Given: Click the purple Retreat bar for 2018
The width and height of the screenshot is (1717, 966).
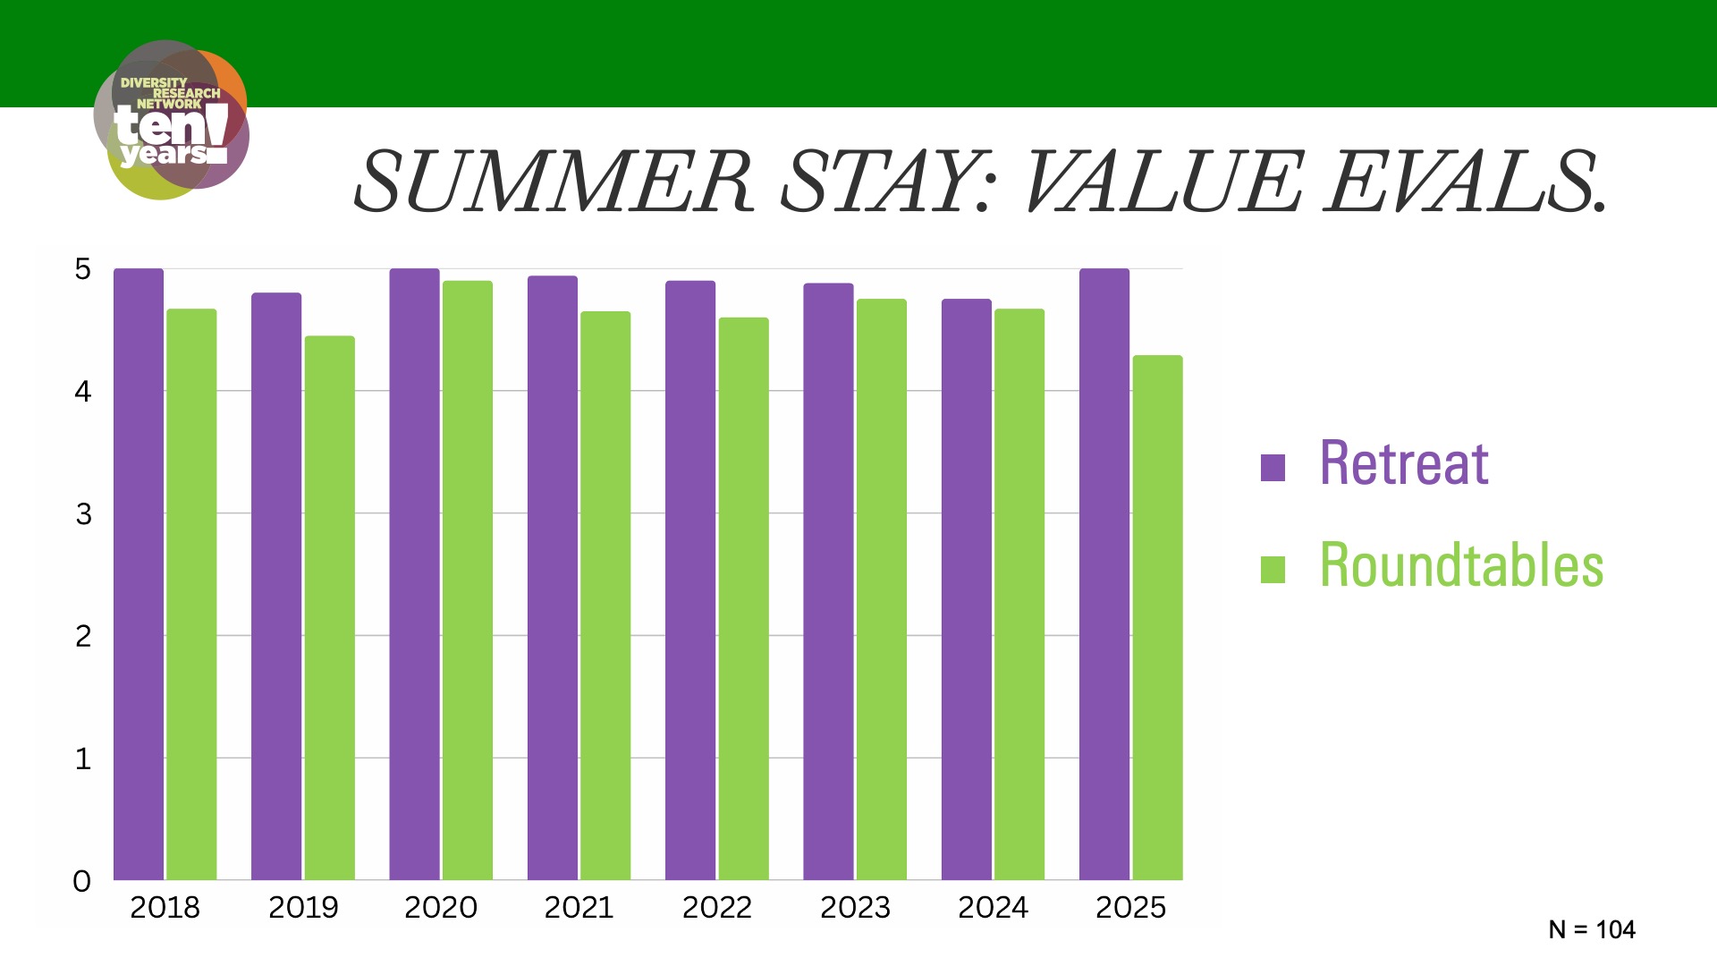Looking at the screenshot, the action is pos(139,574).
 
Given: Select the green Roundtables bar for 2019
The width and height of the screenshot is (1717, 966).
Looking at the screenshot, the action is pos(330,608).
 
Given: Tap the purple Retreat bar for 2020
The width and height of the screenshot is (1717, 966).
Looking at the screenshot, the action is pos(414,574).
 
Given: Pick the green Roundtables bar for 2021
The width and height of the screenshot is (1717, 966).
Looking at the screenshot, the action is pos(605,596).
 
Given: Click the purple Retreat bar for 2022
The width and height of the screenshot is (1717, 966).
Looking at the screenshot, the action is pos(690,580).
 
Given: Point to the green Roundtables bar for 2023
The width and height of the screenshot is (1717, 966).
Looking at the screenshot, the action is pos(882,589).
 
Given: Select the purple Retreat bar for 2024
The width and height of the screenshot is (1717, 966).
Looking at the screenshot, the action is pos(967,589).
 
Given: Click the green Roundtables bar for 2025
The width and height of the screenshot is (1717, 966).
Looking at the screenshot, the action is pos(1158,618).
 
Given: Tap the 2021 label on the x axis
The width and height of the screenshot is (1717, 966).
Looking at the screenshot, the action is pos(579,908).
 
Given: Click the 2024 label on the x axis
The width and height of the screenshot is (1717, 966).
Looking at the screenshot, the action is pos(993,908).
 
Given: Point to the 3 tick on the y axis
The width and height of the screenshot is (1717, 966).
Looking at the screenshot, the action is pos(83,514).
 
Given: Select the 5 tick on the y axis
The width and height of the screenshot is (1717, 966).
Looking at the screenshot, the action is pos(83,269).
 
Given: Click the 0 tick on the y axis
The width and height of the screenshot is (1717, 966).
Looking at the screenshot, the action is pos(82,882).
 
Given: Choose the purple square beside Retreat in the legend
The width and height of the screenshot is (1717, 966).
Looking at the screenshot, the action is pos(1273,468).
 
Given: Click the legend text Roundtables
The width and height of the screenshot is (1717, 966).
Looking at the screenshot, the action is pos(1462,565).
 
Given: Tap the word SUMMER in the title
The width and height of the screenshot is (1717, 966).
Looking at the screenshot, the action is pos(554,182).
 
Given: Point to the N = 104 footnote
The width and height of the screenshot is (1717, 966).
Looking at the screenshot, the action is pos(1592,930).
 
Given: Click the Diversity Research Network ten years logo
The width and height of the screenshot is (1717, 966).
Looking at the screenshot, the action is pos(171,120).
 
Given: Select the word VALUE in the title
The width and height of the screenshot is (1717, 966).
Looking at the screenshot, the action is pos(1163,182).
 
